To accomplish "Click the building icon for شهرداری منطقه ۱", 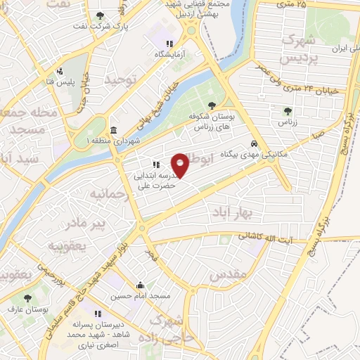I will click(114, 131).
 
